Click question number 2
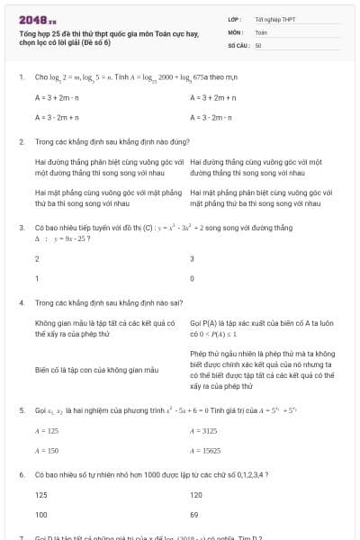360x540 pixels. pyautogui.click(x=21, y=142)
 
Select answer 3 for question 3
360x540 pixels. pyautogui.click(x=192, y=259)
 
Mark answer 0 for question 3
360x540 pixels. pyautogui.click(x=192, y=278)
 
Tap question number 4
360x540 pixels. pyautogui.click(x=21, y=304)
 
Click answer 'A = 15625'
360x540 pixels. pyautogui.click(x=206, y=450)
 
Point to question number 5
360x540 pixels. pyautogui.click(x=21, y=410)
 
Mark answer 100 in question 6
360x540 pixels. pyautogui.click(x=41, y=515)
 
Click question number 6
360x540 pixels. pyautogui.click(x=21, y=473)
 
